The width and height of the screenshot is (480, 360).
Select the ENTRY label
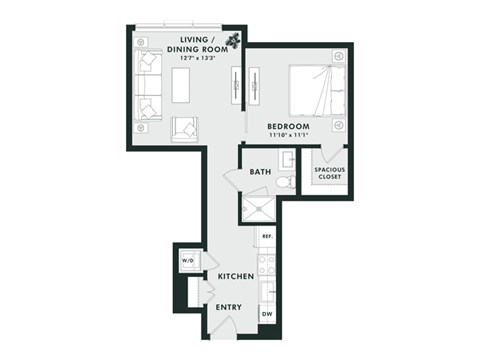(x=230, y=307)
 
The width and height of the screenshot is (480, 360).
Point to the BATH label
(x=260, y=172)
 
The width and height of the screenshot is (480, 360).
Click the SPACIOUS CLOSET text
(x=330, y=173)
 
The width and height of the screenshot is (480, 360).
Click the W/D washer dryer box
(x=187, y=262)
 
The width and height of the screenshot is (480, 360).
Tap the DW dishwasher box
(x=267, y=314)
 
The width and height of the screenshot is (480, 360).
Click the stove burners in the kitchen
(x=267, y=264)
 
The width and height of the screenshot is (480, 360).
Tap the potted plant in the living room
(x=232, y=41)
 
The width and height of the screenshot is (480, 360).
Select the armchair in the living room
(x=184, y=127)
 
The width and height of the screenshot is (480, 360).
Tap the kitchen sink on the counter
(x=267, y=291)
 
